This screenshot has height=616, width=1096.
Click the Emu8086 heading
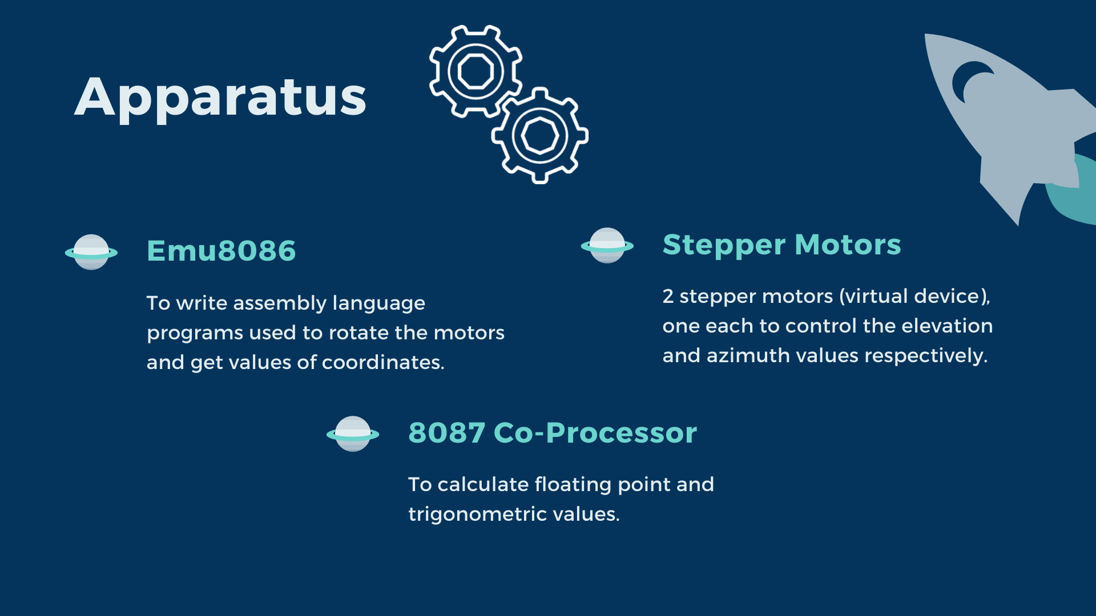click(x=221, y=251)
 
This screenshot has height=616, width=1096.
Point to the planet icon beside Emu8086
click(x=91, y=252)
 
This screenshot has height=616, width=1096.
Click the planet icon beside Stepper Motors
click(x=607, y=246)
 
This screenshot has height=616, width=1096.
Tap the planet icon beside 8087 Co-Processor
click(x=353, y=434)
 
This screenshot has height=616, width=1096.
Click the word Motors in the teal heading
click(x=848, y=245)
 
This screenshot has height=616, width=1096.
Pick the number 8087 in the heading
click(x=447, y=433)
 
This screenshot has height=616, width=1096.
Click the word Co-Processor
click(x=595, y=433)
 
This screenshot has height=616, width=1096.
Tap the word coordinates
click(x=383, y=362)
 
